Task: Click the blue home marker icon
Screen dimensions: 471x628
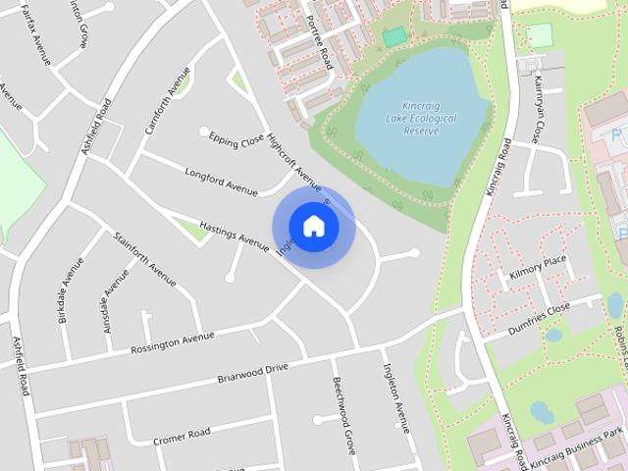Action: pyautogui.click(x=313, y=226)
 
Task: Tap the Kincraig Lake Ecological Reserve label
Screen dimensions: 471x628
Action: pyautogui.click(x=422, y=118)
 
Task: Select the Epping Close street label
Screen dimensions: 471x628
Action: pyautogui.click(x=236, y=141)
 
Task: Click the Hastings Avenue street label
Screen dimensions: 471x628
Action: pyautogui.click(x=234, y=234)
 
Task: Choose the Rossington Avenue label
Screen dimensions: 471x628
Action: pyautogui.click(x=174, y=342)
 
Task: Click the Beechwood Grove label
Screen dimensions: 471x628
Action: pyautogui.click(x=343, y=415)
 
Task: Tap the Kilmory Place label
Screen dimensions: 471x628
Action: pyautogui.click(x=538, y=268)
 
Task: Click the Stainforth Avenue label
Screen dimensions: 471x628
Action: pyautogui.click(x=144, y=258)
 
